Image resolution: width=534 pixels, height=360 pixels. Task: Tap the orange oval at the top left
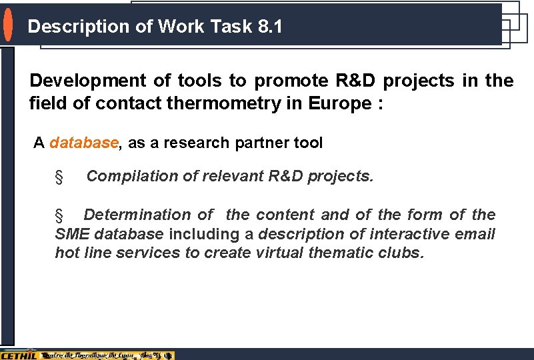pyautogui.click(x=7, y=25)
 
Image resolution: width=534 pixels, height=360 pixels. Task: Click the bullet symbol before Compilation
pyautogui.click(x=59, y=177)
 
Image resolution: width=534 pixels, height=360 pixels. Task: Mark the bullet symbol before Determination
pyautogui.click(x=59, y=215)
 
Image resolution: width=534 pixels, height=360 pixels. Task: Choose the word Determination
pyautogui.click(x=139, y=215)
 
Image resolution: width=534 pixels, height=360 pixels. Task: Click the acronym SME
pyautogui.click(x=73, y=234)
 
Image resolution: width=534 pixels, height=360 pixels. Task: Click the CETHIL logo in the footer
pyautogui.click(x=18, y=355)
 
